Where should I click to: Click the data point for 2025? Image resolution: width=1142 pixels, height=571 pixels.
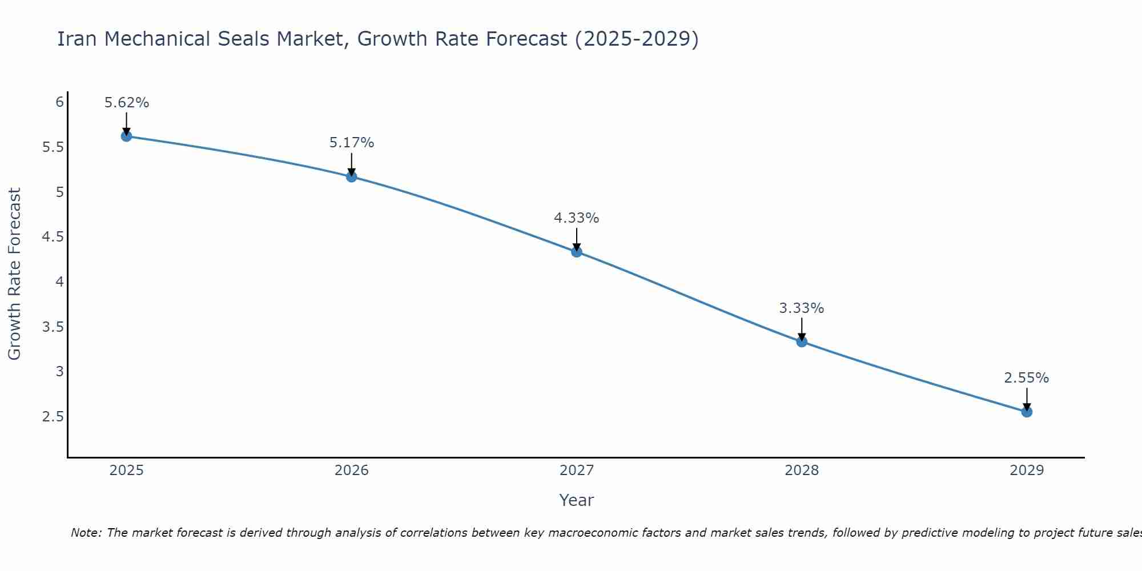[x=127, y=136]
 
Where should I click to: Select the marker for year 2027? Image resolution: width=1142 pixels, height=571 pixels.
[x=577, y=252]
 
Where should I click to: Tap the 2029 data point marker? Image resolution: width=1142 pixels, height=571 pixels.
[x=1027, y=412]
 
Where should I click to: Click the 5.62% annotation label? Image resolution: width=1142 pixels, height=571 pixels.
[x=127, y=103]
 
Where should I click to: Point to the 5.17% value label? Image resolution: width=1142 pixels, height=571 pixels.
[x=352, y=143]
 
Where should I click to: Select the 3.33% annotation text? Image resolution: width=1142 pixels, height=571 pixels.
[x=802, y=308]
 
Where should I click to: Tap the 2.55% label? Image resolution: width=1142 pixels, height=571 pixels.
[x=1027, y=378]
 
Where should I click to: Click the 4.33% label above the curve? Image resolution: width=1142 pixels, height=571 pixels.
[x=577, y=218]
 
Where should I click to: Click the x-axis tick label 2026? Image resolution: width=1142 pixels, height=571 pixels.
[x=352, y=471]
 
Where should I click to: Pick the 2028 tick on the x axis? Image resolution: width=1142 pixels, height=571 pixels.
[x=802, y=471]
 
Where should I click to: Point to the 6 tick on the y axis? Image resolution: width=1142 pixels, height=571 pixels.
[x=59, y=102]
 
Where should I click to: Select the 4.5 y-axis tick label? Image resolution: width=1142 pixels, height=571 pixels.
[x=53, y=237]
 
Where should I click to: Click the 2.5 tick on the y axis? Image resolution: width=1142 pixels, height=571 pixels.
[x=53, y=417]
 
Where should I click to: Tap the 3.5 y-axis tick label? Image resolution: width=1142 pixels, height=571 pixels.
[x=53, y=327]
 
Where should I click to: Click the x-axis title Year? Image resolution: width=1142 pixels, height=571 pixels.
[x=577, y=500]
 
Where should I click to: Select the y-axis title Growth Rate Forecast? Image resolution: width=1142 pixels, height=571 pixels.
[x=15, y=274]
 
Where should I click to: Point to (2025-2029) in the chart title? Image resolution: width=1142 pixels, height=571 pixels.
[x=636, y=39]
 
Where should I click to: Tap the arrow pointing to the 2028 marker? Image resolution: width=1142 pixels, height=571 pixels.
[x=802, y=329]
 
